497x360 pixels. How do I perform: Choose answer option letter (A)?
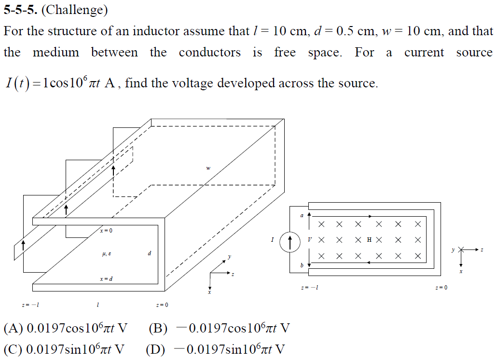tap(14, 329)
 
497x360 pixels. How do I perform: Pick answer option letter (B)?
tap(158, 329)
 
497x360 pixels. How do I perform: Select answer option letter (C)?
tap(14, 349)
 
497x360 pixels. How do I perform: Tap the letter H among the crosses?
tap(369, 239)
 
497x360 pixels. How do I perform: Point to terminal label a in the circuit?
tap(302, 216)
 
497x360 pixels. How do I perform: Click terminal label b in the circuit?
tap(302, 265)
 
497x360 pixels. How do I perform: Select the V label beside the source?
tap(309, 239)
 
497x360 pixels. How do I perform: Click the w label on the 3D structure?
tap(208, 168)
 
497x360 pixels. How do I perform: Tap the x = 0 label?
tap(106, 231)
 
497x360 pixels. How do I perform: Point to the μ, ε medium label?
tap(108, 253)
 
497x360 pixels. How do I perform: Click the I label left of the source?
tap(273, 239)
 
